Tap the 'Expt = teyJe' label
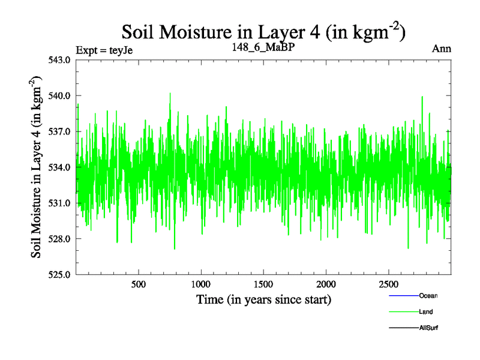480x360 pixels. [104, 50]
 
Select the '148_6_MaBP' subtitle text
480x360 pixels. [263, 46]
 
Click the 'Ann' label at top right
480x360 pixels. [442, 49]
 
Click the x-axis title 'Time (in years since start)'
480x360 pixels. [263, 299]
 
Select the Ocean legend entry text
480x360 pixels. [428, 296]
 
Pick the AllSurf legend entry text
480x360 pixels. [428, 328]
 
